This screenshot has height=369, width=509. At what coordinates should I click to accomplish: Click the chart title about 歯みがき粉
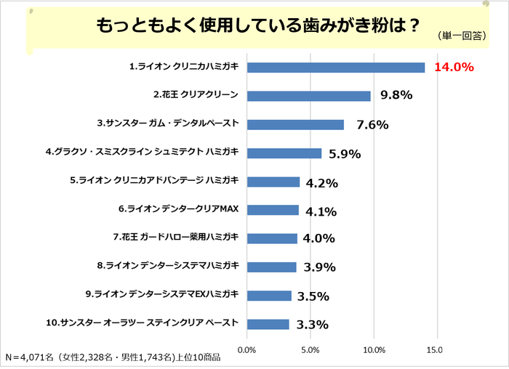(x=255, y=25)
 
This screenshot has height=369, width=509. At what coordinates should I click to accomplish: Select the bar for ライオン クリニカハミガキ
(x=336, y=68)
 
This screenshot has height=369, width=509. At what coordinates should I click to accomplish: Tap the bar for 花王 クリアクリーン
(x=309, y=96)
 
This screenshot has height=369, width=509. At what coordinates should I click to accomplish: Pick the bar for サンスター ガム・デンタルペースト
(x=295, y=124)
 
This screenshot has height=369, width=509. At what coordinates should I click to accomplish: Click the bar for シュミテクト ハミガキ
(x=284, y=153)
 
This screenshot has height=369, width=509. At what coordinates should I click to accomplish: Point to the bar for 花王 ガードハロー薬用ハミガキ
(x=273, y=238)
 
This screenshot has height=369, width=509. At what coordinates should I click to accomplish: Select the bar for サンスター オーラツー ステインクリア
(x=268, y=324)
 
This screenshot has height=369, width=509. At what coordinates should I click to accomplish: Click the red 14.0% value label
(x=454, y=68)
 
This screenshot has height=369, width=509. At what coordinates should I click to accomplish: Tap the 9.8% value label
(x=396, y=95)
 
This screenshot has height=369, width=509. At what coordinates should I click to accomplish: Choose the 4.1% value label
(x=321, y=211)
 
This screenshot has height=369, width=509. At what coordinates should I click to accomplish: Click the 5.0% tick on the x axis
(x=310, y=350)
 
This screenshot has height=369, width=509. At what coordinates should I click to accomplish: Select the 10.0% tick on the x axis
(x=374, y=350)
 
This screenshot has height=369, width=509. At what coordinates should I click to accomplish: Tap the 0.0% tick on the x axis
(x=247, y=350)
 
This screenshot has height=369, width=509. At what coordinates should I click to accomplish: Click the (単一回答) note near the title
(x=462, y=36)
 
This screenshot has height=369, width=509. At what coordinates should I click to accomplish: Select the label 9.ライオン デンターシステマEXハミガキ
(x=161, y=295)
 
